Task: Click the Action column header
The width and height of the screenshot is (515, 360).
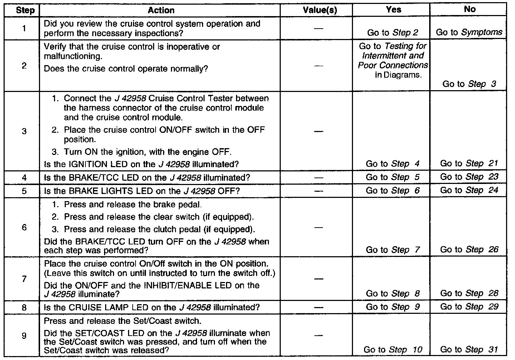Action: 161,10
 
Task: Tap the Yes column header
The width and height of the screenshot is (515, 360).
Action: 393,10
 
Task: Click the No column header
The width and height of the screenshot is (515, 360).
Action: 469,10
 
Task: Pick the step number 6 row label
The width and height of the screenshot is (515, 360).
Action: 24,227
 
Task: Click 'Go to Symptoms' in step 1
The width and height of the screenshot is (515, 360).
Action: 469,32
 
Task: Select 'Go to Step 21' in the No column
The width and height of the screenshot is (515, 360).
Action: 469,164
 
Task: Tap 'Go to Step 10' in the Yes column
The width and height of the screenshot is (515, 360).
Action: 393,350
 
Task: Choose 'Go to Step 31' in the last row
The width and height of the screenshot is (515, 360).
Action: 469,350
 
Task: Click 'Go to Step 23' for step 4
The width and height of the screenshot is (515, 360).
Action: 469,177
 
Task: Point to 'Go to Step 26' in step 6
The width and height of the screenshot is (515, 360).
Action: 469,249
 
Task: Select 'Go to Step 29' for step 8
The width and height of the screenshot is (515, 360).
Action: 469,307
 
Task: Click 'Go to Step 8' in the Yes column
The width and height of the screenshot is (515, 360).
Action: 393,293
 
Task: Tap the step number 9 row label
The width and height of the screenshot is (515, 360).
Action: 24,336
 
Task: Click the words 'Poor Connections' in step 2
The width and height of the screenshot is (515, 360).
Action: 393,65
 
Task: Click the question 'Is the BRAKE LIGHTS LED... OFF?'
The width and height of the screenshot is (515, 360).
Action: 142,191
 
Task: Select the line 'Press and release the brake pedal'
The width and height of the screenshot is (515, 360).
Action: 133,205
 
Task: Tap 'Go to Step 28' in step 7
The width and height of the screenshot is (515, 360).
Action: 469,293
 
